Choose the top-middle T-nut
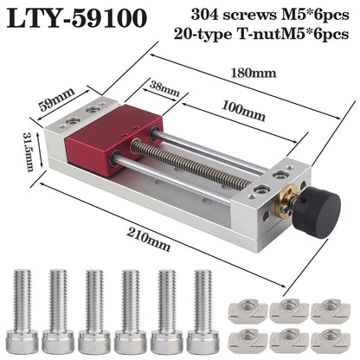click(x=287, y=309)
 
